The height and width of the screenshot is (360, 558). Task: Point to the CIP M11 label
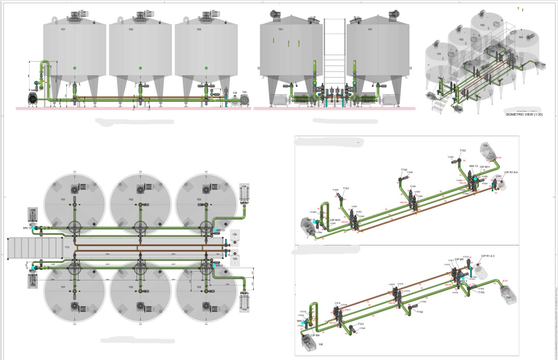pyautogui.click(x=485, y=167)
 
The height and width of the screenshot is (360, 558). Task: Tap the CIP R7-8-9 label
pyautogui.click(x=511, y=173)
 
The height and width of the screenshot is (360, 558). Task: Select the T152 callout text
pyautogui.click(x=404, y=170)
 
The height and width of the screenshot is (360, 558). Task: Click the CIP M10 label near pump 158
pyautogui.click(x=335, y=220)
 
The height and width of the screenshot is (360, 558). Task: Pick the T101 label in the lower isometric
pyautogui.click(x=361, y=324)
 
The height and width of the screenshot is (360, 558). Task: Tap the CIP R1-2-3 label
pyautogui.click(x=488, y=256)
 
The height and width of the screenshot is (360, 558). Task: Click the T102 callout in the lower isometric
pyautogui.click(x=420, y=312)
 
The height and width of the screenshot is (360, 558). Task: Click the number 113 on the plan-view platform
pyautogui.click(x=67, y=247)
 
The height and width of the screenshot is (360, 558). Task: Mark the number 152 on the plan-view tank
pyautogui.click(x=131, y=200)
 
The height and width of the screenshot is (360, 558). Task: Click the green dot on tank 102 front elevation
pyautogui.click(x=140, y=68)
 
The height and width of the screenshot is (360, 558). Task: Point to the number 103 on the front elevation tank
pyautogui.click(x=199, y=30)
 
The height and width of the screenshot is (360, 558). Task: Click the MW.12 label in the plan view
pyautogui.click(x=27, y=228)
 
